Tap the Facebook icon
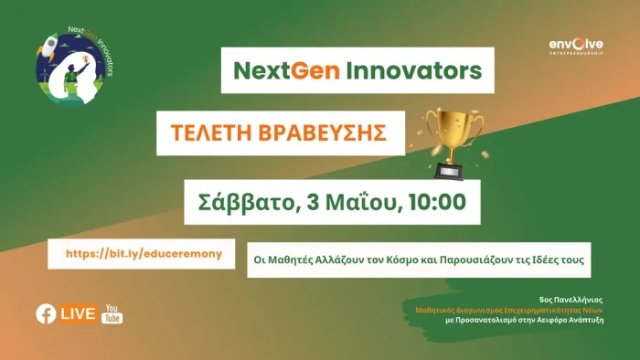coord(45,313)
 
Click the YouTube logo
coord(113,313)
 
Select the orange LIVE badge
coord(79,313)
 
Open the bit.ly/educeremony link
coord(142,253)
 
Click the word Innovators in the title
coord(407,70)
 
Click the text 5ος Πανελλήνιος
coord(571,299)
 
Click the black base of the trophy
coord(448,170)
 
